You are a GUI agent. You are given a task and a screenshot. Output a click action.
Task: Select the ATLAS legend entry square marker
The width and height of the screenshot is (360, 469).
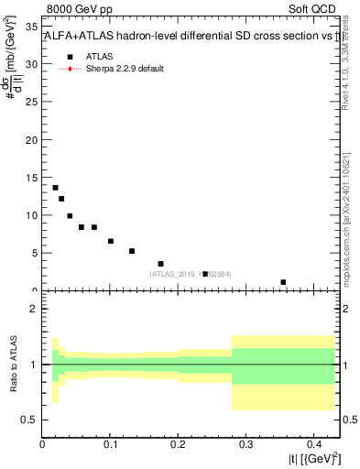[x=71, y=56]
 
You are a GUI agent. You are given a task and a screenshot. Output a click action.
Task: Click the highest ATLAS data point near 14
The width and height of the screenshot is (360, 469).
[x=55, y=188]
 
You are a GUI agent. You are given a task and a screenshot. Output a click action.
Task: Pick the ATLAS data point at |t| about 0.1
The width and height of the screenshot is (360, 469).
[x=111, y=241]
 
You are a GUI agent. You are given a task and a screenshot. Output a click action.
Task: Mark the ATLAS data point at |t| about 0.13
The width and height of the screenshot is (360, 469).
[x=132, y=251]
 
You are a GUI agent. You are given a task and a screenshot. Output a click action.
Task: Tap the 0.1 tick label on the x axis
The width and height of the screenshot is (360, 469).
[x=110, y=445]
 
